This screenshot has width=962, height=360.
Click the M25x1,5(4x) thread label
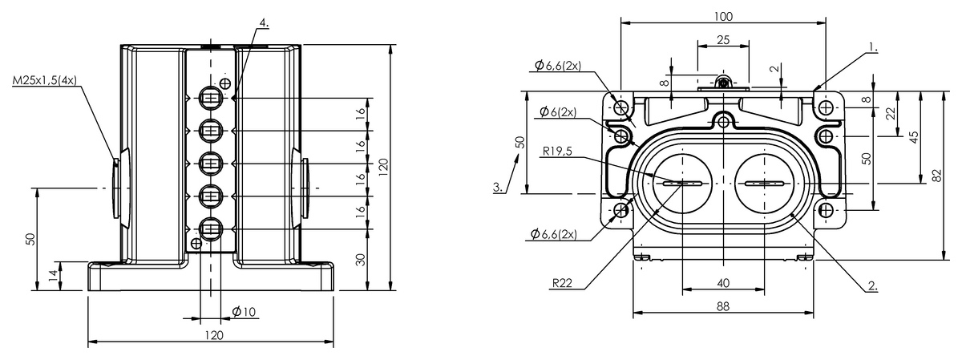pyautogui.click(x=45, y=80)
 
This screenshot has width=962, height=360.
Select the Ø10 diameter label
pyautogui.click(x=244, y=311)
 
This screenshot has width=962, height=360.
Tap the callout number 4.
pyautogui.click(x=264, y=22)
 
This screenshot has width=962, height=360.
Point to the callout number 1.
pyautogui.click(x=873, y=47)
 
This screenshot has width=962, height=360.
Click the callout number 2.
pyautogui.click(x=872, y=286)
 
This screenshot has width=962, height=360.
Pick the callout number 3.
pyautogui.click(x=497, y=188)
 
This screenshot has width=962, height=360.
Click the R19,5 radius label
pyautogui.click(x=557, y=151)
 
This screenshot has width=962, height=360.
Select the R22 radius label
pyautogui.click(x=562, y=283)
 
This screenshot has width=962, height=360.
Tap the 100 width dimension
pyautogui.click(x=723, y=16)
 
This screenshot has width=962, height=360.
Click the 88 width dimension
pyautogui.click(x=723, y=306)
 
